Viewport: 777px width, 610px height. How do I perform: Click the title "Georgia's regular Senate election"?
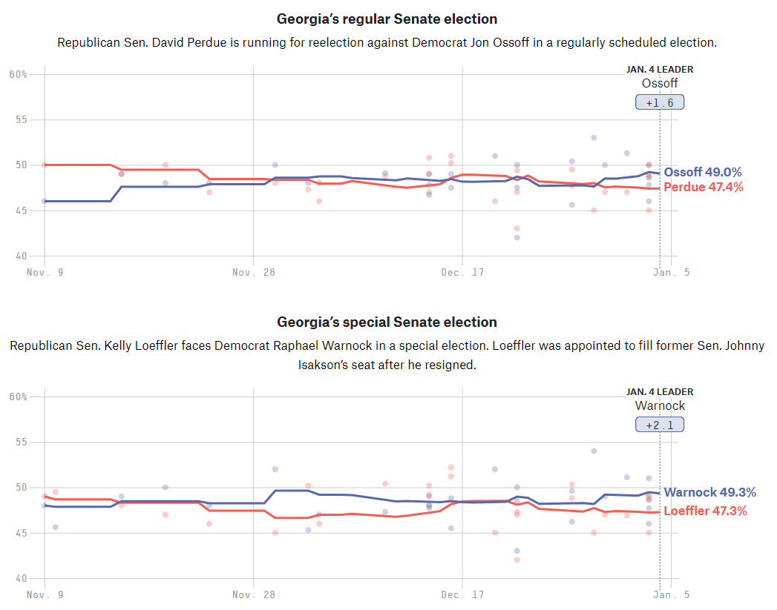[x=387, y=19]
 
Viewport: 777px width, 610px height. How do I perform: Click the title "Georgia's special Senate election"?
[x=387, y=322]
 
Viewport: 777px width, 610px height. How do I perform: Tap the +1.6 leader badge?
[x=660, y=102]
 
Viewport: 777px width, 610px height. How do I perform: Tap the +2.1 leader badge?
[x=660, y=425]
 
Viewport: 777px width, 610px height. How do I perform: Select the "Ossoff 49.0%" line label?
[x=702, y=172]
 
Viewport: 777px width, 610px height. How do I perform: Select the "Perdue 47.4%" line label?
[x=703, y=187]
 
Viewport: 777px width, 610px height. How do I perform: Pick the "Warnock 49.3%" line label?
[x=709, y=492]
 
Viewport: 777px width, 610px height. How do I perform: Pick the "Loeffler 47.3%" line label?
[x=705, y=511]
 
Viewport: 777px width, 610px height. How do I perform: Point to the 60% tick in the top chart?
[x=19, y=74]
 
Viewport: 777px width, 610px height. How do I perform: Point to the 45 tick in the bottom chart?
[x=22, y=533]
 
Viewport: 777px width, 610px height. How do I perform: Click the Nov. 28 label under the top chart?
[x=254, y=272]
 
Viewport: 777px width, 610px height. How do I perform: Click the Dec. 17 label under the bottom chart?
[x=462, y=594]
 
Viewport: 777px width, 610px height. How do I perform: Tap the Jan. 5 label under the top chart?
[x=671, y=272]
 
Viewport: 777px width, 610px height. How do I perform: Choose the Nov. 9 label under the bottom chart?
[x=45, y=594]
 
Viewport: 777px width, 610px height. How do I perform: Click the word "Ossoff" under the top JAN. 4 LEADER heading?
[x=660, y=83]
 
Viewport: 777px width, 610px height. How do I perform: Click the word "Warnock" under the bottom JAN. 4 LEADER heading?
[x=660, y=405]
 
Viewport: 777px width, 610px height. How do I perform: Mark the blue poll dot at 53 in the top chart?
[x=594, y=137]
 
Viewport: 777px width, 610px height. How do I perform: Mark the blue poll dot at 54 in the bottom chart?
[x=594, y=451]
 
